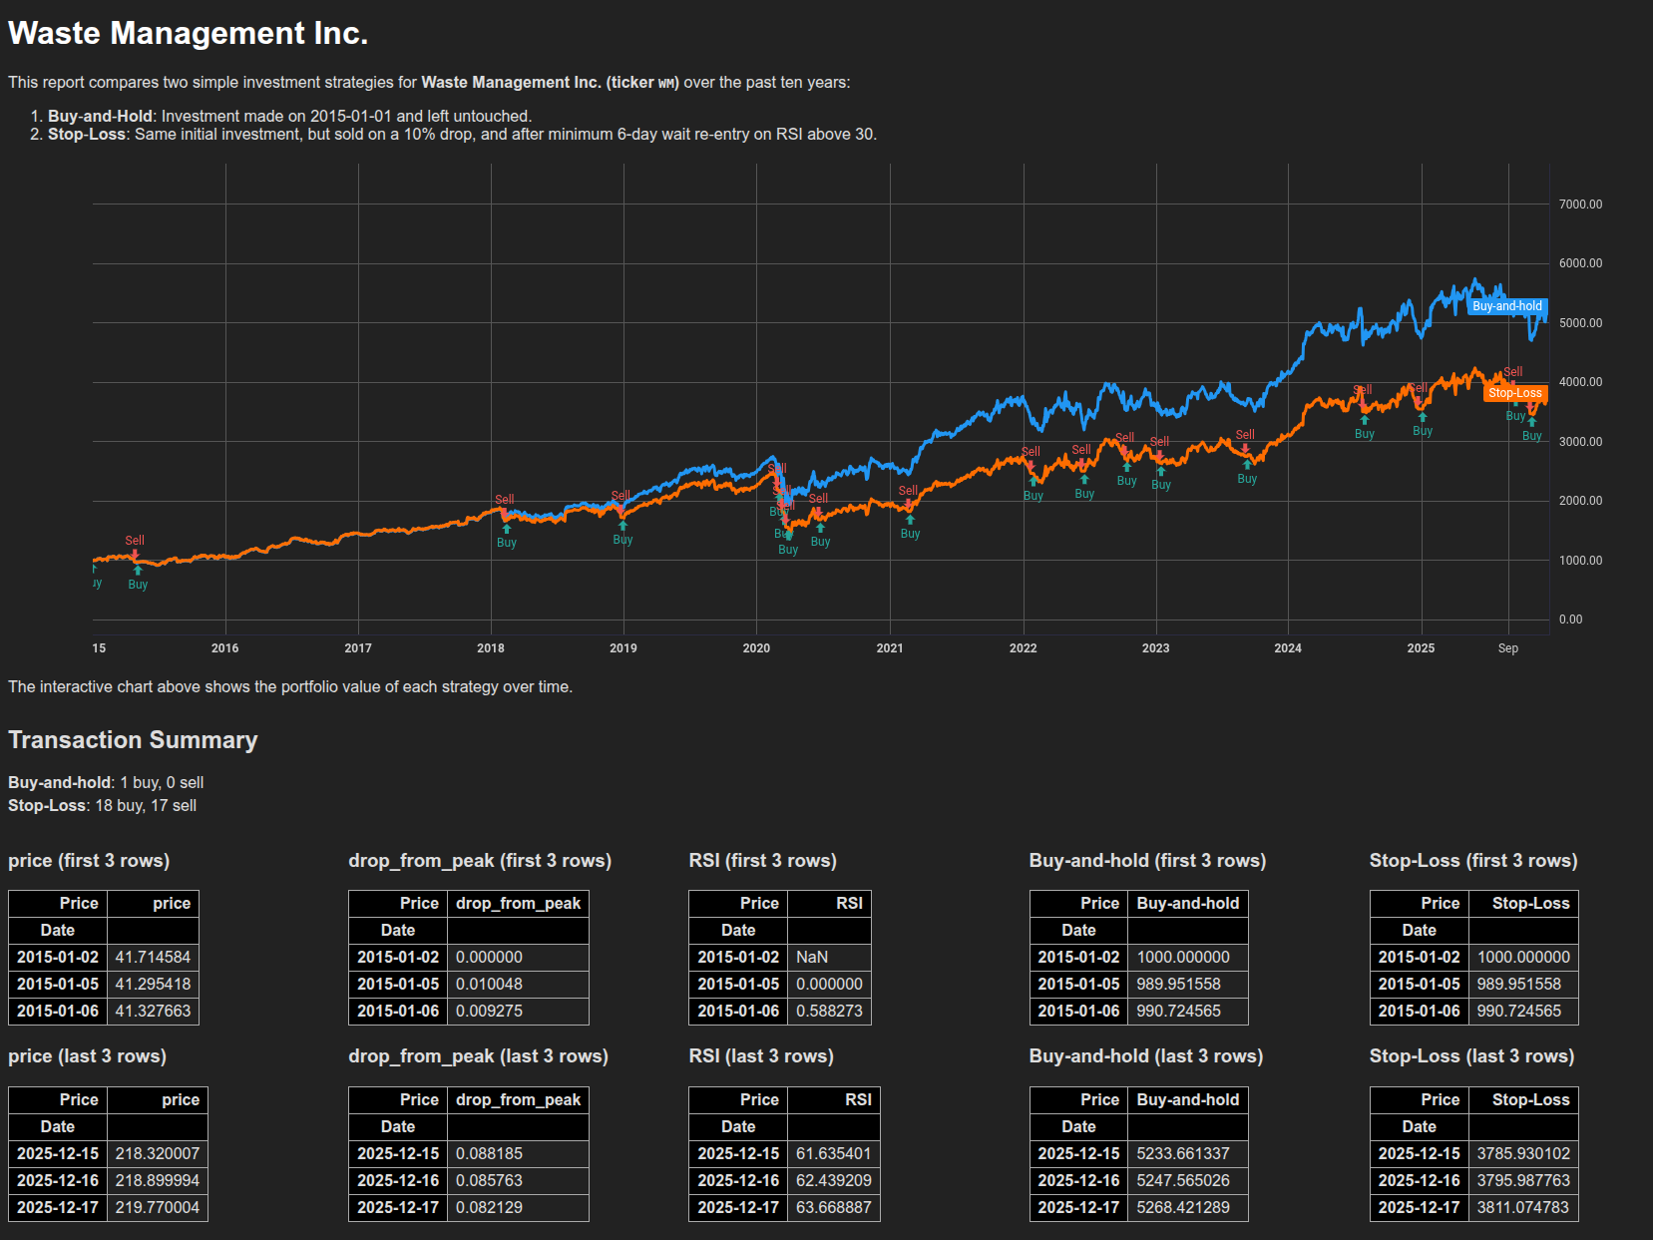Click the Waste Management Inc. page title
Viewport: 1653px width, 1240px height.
(x=188, y=33)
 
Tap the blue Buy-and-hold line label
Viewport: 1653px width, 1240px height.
(x=1506, y=306)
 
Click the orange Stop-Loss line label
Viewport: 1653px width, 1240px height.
(x=1514, y=393)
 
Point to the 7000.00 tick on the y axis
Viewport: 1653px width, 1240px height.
(x=1580, y=205)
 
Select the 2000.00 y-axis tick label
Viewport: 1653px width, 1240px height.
(x=1580, y=501)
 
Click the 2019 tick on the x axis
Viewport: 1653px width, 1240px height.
(x=623, y=648)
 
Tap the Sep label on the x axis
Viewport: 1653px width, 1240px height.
(x=1507, y=648)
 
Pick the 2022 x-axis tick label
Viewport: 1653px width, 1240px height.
(x=1023, y=648)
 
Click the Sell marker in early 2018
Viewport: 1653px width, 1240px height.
(x=505, y=500)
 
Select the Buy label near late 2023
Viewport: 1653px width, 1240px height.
(x=1247, y=479)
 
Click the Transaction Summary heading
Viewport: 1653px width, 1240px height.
(x=133, y=740)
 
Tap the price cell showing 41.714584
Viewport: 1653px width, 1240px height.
(x=153, y=958)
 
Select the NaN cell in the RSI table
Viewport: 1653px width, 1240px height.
(x=812, y=958)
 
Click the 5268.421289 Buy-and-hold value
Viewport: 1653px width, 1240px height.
(x=1183, y=1208)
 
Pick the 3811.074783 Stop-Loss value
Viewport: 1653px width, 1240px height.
(x=1523, y=1208)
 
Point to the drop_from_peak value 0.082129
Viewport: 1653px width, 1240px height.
(x=489, y=1208)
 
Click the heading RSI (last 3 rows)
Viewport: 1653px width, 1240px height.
(x=761, y=1056)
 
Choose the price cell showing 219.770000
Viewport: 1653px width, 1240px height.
(x=158, y=1208)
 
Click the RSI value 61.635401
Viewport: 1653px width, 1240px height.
(x=834, y=1154)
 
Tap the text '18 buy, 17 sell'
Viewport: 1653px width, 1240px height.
(x=146, y=806)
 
